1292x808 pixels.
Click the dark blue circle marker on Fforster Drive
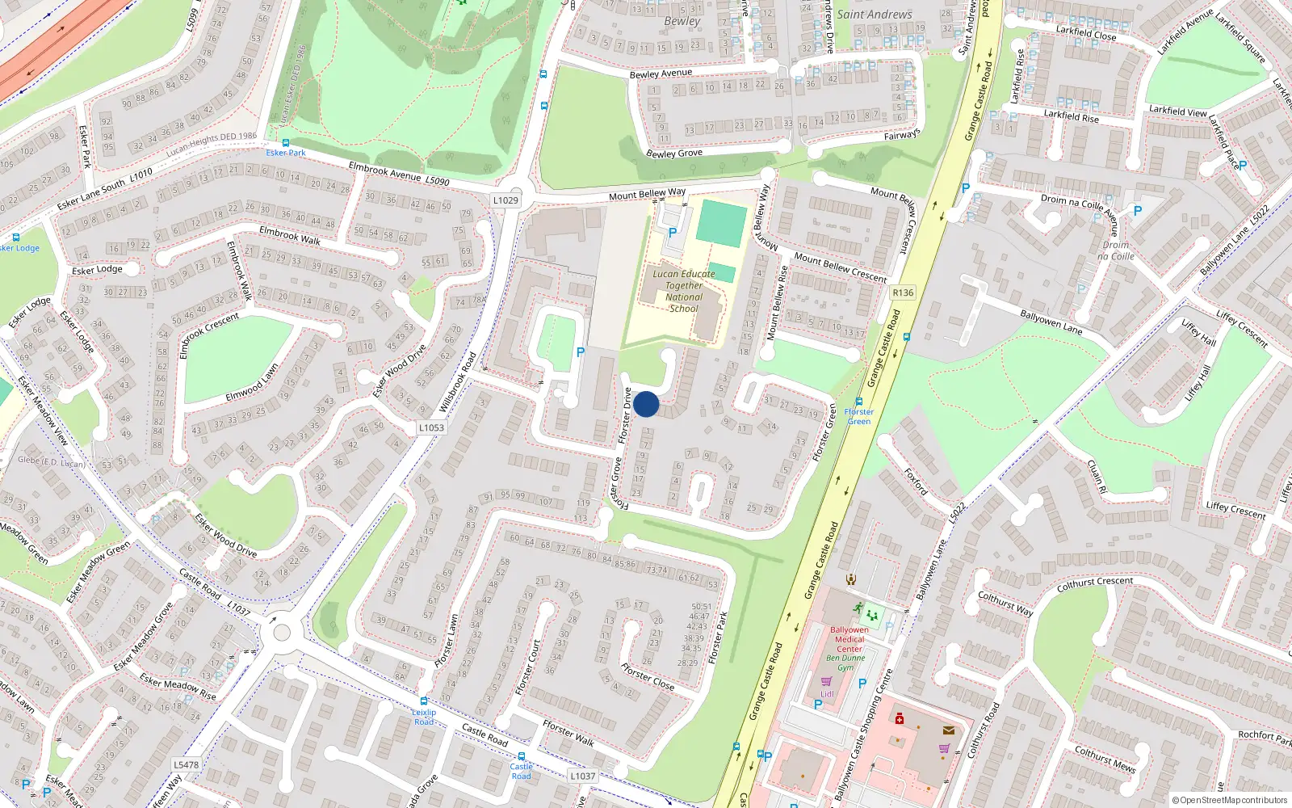pos(646,404)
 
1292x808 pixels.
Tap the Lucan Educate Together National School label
pos(684,291)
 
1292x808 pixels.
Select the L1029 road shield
pos(505,200)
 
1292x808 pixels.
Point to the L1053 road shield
pos(431,427)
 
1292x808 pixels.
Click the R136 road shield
pos(903,292)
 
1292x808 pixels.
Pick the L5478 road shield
pos(186,764)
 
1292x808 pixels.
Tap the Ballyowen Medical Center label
pos(849,639)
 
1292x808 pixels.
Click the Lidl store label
pos(827,693)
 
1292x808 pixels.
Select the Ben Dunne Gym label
pos(845,663)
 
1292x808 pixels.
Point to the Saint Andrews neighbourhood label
pos(875,15)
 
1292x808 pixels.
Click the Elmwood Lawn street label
pos(252,382)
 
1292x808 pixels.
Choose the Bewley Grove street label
pos(674,154)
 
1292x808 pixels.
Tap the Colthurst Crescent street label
pos(1095,582)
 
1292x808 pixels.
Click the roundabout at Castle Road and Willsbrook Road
pos(281,631)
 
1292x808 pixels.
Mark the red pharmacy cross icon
pos(900,718)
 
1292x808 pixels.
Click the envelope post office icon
pos(948,730)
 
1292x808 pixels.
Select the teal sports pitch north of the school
pos(721,224)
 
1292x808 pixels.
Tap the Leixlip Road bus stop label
pos(424,717)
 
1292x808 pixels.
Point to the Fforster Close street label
pos(648,676)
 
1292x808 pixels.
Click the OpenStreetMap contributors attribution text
pos(1229,800)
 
